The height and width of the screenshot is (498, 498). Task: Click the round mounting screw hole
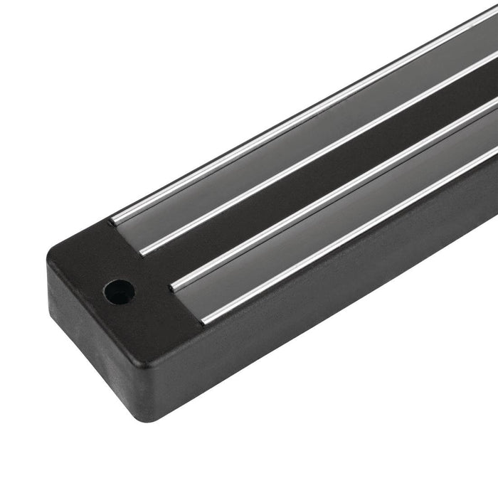118,290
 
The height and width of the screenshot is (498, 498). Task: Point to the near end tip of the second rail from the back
144,251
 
